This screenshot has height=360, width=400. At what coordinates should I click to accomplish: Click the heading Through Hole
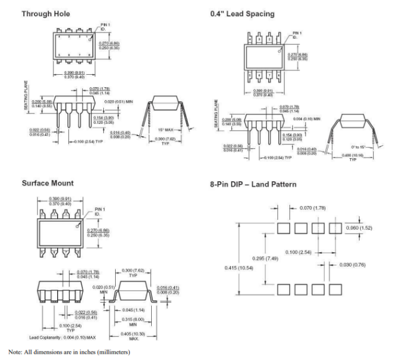(x=46, y=14)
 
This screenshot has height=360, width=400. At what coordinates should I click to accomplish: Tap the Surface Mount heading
(x=47, y=183)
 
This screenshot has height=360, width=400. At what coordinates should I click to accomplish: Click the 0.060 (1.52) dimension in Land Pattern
(x=360, y=228)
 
